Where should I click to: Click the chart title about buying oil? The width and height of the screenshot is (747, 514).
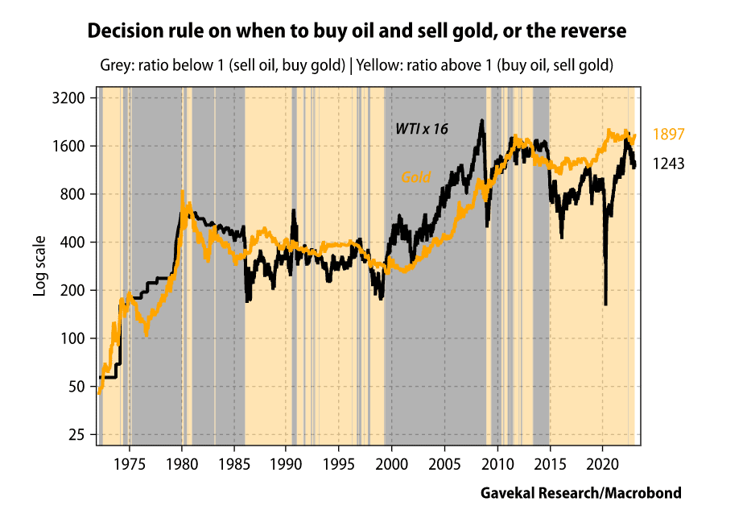click(357, 32)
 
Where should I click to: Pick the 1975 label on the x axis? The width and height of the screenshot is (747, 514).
click(130, 465)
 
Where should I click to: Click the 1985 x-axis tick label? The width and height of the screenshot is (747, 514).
click(234, 465)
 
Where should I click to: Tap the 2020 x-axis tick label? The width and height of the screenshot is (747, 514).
click(602, 465)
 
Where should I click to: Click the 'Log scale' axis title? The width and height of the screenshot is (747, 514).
click(39, 266)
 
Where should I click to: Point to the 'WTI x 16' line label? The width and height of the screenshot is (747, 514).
click(421, 128)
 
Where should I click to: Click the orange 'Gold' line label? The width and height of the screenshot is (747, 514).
click(415, 177)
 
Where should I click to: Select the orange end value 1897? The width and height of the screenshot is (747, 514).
click(668, 135)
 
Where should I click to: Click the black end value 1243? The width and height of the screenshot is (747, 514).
click(668, 164)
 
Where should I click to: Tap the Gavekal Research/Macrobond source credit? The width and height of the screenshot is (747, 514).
click(580, 492)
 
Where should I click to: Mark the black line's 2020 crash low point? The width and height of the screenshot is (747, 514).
click(605, 304)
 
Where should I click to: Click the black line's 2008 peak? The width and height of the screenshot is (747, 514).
click(481, 121)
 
